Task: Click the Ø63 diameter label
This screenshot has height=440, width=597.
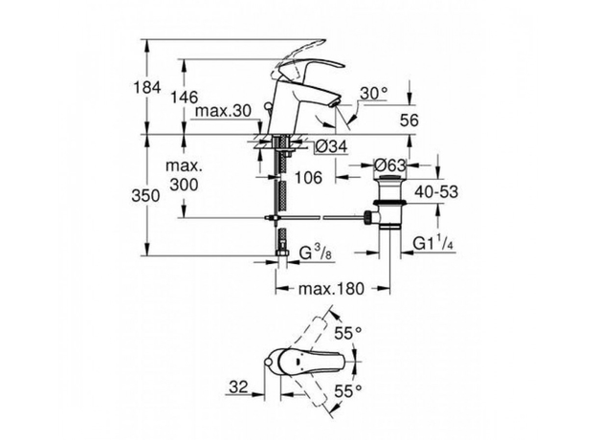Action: pos(389,165)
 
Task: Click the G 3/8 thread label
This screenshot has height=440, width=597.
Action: pos(316,253)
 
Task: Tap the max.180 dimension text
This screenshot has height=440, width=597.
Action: pos(331,288)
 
